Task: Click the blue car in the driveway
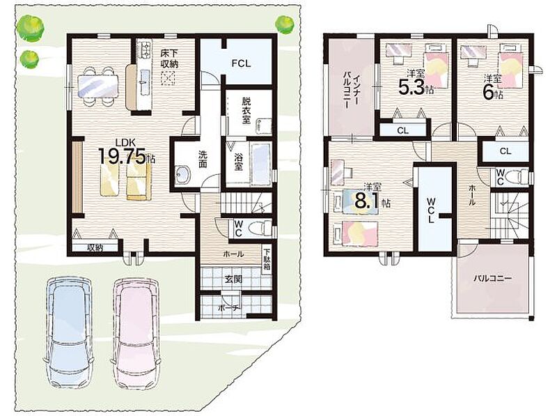pyautogui.click(x=69, y=333)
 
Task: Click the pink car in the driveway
pyautogui.click(x=136, y=333)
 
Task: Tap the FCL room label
pyautogui.click(x=241, y=63)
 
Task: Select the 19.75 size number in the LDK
pyautogui.click(x=122, y=156)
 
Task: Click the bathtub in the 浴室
pyautogui.click(x=262, y=164)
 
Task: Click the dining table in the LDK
pyautogui.click(x=97, y=86)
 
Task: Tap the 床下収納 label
pyautogui.click(x=169, y=59)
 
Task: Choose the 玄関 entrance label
pyautogui.click(x=233, y=279)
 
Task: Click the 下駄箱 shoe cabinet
pyautogui.click(x=267, y=261)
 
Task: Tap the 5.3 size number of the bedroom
pyautogui.click(x=411, y=87)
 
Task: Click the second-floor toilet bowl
pyautogui.click(x=517, y=177)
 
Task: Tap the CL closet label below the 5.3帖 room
pyautogui.click(x=403, y=130)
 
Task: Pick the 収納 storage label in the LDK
pyautogui.click(x=95, y=247)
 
